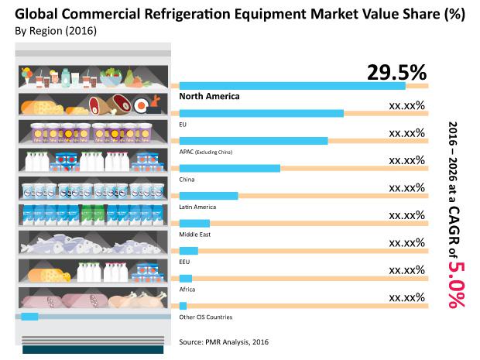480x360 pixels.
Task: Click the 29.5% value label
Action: pos(396,74)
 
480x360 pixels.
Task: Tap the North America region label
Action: pos(210,97)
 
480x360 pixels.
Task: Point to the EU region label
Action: pos(183,124)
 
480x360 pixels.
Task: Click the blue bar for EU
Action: pos(262,113)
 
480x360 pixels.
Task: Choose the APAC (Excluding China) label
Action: pos(206,152)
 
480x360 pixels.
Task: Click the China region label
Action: pos(187,180)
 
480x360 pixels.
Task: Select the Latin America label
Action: pos(197,207)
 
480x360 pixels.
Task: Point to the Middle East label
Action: pos(194,235)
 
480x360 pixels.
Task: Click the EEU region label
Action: pos(185,262)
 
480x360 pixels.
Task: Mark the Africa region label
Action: pos(187,290)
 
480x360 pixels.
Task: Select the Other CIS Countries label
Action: pos(205,317)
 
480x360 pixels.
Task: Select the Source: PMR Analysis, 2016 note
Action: pos(224,341)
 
